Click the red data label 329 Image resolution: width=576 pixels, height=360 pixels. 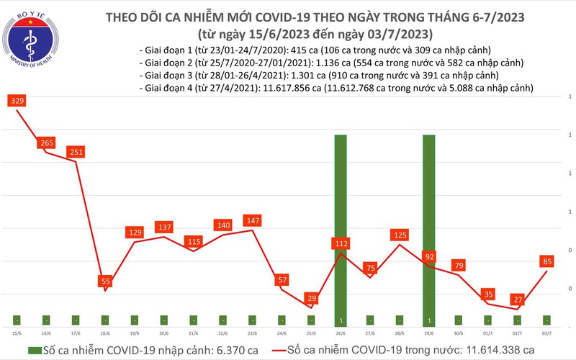click(17, 102)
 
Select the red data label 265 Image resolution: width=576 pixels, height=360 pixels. click(47, 143)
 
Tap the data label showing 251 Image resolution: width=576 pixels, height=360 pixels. click(76, 152)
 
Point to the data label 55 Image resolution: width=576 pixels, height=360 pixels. click(106, 280)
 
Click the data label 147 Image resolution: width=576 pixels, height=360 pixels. click(253, 219)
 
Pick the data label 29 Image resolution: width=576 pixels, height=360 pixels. click(312, 297)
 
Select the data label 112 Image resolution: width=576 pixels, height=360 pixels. click(341, 243)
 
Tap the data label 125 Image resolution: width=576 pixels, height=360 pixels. click(400, 235)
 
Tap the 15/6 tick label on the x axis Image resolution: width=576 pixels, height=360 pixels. click(17, 333)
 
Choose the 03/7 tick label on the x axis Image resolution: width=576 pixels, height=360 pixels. click(548, 333)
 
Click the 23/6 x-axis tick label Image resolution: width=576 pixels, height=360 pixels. click(253, 333)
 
